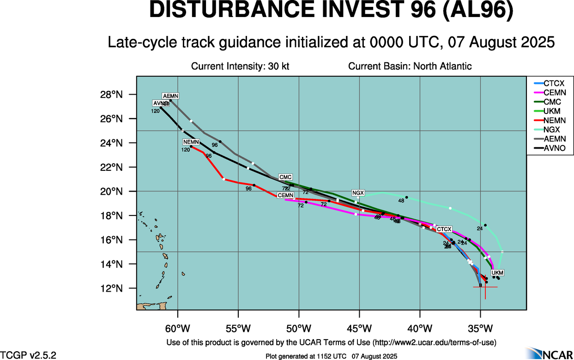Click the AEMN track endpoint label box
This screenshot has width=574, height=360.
coord(170,96)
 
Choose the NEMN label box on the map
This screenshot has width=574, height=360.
coord(191,142)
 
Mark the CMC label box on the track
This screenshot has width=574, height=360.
coord(285,177)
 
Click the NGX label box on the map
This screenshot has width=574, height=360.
coord(358,192)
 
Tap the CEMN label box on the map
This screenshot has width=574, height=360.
coord(285,196)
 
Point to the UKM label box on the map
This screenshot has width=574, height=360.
coord(497,272)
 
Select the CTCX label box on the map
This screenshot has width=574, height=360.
coord(444,229)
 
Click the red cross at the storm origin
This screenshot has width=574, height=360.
coord(485,287)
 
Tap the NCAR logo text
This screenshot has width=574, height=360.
coord(556,353)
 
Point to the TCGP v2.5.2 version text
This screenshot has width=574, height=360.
coord(28,354)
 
